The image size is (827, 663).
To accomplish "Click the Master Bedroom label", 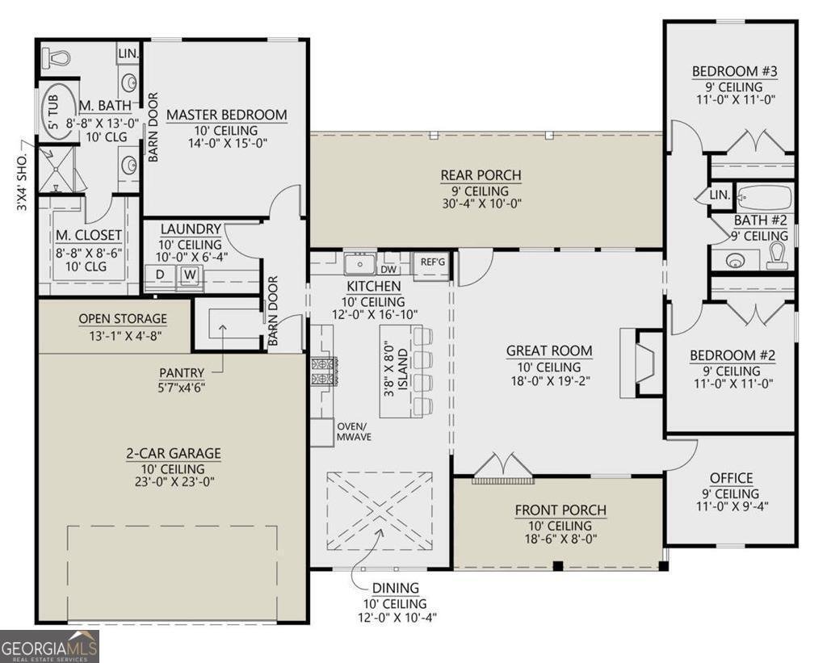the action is [x=227, y=115].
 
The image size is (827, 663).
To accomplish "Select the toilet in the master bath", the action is [x=56, y=57].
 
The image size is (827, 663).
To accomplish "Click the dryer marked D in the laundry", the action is [x=160, y=275].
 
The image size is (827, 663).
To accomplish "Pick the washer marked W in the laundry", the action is [x=191, y=275].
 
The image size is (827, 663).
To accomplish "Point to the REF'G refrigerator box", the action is [x=433, y=262].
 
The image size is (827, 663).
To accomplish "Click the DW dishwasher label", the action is [x=388, y=270].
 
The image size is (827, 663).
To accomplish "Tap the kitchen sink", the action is [x=360, y=264].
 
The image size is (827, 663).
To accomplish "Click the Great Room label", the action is [x=549, y=350].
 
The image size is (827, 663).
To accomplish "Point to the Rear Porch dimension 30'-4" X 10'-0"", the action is [x=482, y=204].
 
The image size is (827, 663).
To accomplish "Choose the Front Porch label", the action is [x=560, y=510].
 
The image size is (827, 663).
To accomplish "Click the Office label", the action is [x=732, y=478].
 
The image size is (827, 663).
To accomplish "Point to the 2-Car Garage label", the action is [x=173, y=453].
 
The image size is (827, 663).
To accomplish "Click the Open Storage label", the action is [x=123, y=318].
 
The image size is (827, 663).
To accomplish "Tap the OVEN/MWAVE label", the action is [x=354, y=431].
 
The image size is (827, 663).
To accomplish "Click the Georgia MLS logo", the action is [x=49, y=646].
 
